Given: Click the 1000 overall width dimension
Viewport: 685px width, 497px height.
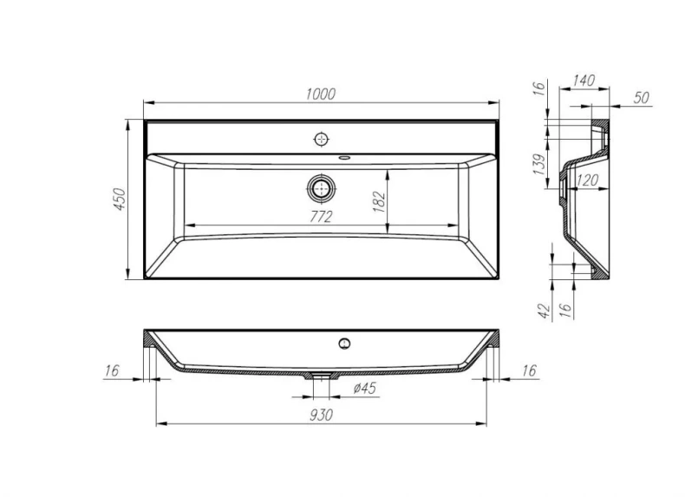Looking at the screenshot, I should pyautogui.click(x=321, y=95).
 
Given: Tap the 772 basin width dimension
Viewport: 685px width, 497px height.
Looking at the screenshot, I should pyautogui.click(x=321, y=218).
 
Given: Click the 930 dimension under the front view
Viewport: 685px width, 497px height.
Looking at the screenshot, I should pyautogui.click(x=321, y=415).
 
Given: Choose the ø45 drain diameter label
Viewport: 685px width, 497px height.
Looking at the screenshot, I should pyautogui.click(x=365, y=388).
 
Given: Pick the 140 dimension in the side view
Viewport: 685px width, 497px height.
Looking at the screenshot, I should pyautogui.click(x=584, y=81).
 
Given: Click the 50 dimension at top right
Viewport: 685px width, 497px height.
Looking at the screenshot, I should pyautogui.click(x=642, y=97).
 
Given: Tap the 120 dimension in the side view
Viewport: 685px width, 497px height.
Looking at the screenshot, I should pyautogui.click(x=587, y=180).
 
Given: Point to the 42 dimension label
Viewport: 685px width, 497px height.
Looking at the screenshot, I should pyautogui.click(x=543, y=311).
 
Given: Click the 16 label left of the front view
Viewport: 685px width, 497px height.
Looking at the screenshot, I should pyautogui.click(x=111, y=370).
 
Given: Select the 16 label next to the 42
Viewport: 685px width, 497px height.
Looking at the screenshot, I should pyautogui.click(x=564, y=311).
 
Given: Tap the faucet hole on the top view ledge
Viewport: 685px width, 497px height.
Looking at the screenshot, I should pyautogui.click(x=322, y=139).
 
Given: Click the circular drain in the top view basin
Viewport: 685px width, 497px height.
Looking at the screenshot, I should pyautogui.click(x=322, y=187).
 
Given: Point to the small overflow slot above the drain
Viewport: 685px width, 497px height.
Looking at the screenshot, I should pyautogui.click(x=345, y=158).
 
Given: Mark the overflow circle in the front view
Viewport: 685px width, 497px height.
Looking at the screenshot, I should pyautogui.click(x=344, y=343).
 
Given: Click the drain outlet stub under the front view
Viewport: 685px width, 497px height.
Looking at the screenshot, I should pyautogui.click(x=321, y=376).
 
